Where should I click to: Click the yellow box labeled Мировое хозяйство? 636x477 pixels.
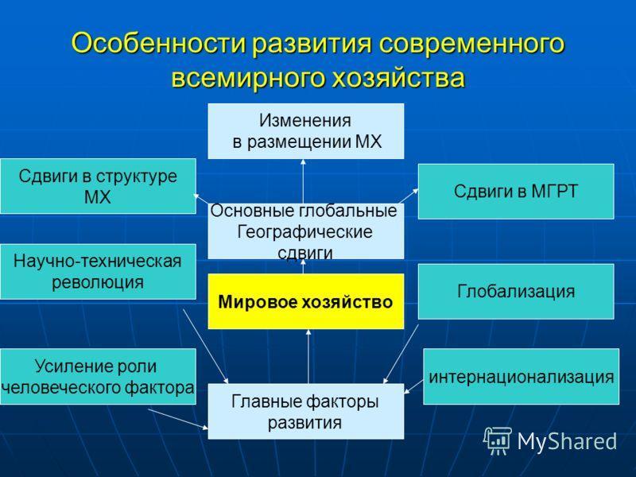(306, 301)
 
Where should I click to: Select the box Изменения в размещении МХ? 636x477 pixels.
(306, 131)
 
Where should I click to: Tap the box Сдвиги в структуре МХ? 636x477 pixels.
(98, 186)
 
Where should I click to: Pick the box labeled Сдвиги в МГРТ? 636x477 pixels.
(516, 192)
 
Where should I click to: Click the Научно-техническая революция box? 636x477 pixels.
(98, 272)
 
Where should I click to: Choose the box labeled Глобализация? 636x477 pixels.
(516, 291)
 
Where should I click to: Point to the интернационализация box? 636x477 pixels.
(522, 376)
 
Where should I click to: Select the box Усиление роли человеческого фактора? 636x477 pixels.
(98, 376)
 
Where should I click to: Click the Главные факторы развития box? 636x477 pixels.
(306, 411)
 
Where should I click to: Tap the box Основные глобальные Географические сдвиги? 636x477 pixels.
(306, 231)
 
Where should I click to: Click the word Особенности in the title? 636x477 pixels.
(158, 43)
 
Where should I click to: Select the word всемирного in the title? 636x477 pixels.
(248, 78)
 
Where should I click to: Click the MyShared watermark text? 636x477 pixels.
(567, 441)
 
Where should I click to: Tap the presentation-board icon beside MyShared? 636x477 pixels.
(498, 440)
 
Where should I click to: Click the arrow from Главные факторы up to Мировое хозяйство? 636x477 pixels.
(308, 356)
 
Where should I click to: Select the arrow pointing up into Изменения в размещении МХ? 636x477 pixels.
(303, 181)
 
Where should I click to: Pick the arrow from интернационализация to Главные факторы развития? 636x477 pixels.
(413, 386)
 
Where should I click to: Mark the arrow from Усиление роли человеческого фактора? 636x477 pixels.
(178, 419)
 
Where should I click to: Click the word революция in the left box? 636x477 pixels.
(98, 282)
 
